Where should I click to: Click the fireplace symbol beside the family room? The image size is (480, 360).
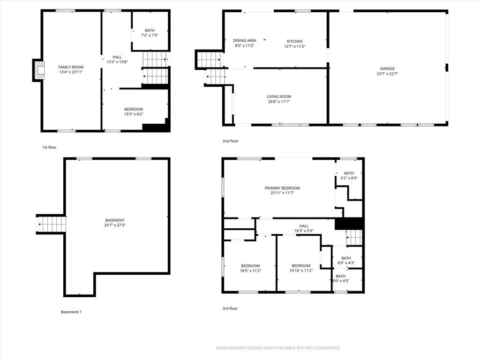pos(39,70)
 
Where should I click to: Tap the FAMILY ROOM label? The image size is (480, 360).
pos(71,67)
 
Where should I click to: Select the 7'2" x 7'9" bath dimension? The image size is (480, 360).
pos(150,35)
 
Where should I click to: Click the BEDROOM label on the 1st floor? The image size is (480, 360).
pos(134,109)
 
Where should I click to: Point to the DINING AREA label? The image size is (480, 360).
pos(245,40)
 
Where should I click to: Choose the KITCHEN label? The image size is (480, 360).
pos(294,41)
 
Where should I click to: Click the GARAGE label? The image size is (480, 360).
pos(387,68)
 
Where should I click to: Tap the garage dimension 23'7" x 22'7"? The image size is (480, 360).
pos(387,74)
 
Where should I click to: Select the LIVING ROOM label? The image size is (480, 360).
pos(278,97)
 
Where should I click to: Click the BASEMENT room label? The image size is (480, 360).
pos(115,220)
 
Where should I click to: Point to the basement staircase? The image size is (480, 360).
pos(51,224)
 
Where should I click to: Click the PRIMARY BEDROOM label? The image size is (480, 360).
pos(282,188)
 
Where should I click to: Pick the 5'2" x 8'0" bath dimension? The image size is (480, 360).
pos(349,178)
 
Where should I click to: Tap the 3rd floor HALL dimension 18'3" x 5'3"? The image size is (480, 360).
pos(304,231)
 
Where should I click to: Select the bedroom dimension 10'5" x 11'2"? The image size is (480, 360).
pos(250,271)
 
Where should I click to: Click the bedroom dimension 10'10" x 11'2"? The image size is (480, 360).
pos(301,271)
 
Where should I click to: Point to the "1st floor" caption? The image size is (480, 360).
pos(49,147)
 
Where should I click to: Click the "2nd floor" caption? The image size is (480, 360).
pos(230,141)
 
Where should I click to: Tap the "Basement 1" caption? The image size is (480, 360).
pos(71,312)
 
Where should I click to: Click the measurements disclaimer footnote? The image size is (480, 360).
pos(278,348)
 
